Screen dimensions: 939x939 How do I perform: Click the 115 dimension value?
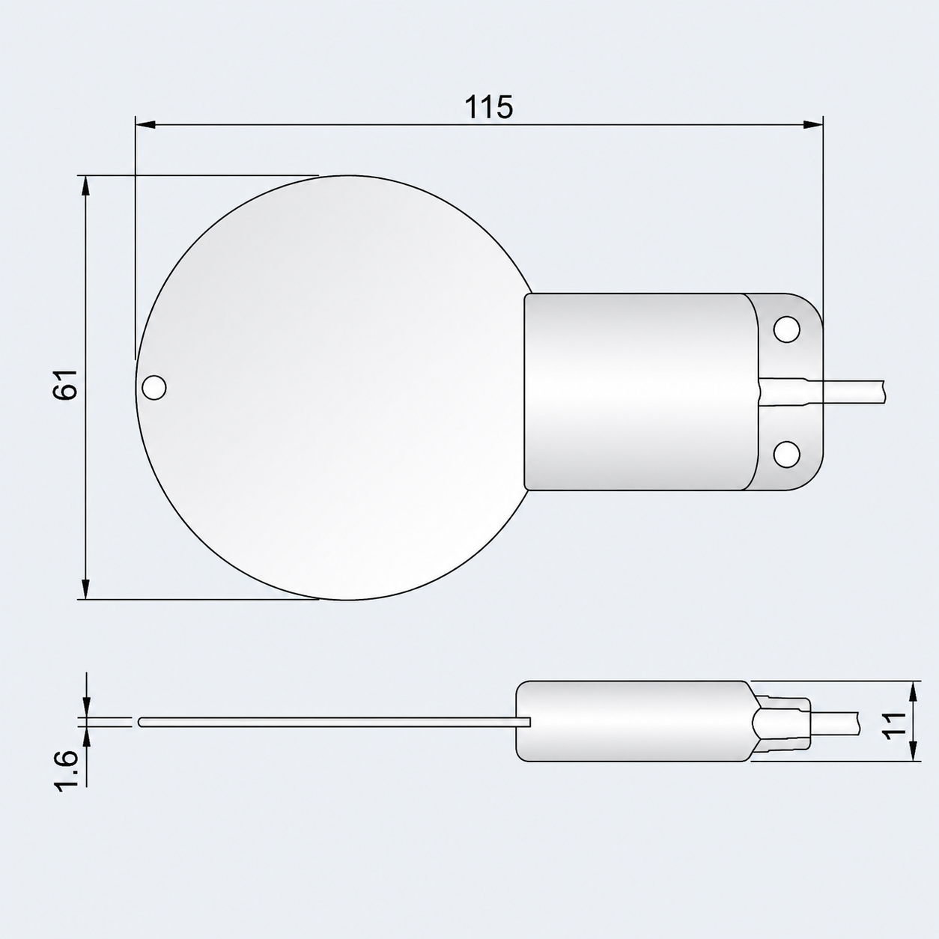pos(489,107)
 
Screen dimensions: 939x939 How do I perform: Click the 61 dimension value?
pos(66,384)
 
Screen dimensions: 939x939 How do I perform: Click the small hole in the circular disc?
pos(154,387)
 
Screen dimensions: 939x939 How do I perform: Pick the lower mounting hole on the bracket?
pos(786,455)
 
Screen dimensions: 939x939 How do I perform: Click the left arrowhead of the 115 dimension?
pos(146,125)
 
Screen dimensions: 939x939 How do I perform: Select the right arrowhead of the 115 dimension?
pos(812,125)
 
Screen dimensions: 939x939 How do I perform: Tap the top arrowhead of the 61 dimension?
pos(86,186)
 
